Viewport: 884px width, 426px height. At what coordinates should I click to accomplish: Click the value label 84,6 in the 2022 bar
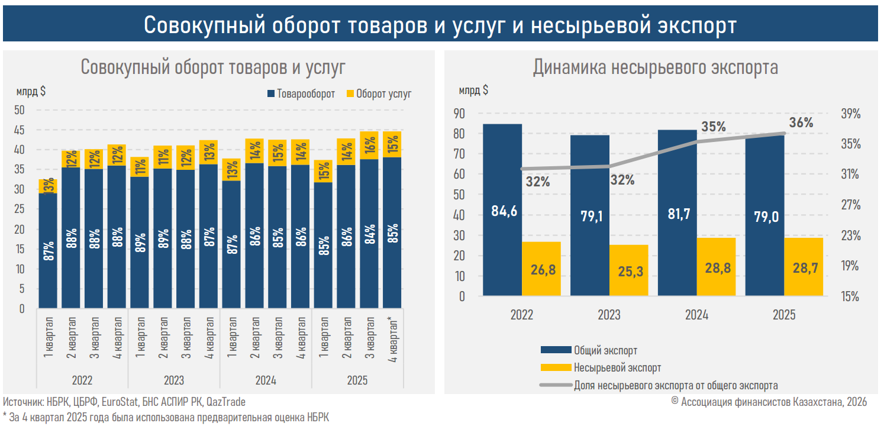pyautogui.click(x=504, y=210)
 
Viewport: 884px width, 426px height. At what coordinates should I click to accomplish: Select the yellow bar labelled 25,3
pyautogui.click(x=629, y=270)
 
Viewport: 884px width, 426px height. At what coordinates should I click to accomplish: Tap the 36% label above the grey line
pyautogui.click(x=801, y=123)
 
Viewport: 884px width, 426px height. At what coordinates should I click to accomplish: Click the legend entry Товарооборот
pyautogui.click(x=301, y=94)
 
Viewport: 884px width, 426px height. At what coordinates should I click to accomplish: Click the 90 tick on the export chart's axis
pyautogui.click(x=460, y=114)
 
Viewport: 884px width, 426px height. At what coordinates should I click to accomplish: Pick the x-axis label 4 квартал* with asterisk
pyautogui.click(x=392, y=340)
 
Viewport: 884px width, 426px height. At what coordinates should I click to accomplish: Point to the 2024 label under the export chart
pyautogui.click(x=696, y=315)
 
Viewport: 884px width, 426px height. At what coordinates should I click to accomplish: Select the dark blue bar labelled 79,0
pyautogui.click(x=764, y=216)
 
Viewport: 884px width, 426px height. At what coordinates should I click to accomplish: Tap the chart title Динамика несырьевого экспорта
pyautogui.click(x=655, y=67)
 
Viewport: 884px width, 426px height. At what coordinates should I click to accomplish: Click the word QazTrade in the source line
pyautogui.click(x=225, y=402)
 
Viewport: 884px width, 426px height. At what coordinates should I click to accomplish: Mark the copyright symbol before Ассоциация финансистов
pyautogui.click(x=675, y=402)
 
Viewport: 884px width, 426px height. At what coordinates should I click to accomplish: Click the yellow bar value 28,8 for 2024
pyautogui.click(x=717, y=267)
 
